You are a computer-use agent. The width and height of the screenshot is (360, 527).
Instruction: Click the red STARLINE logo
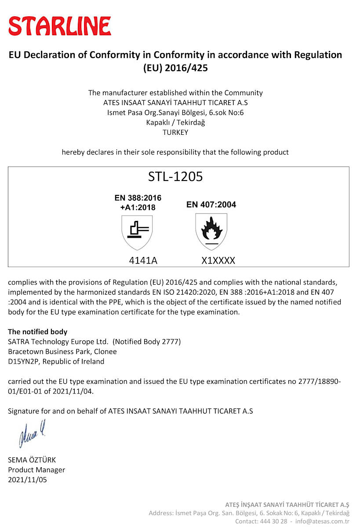pos(60,26)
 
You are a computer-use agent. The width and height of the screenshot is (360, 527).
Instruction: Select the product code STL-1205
pos(175,177)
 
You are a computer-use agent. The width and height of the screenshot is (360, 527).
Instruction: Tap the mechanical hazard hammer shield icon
pos(137,231)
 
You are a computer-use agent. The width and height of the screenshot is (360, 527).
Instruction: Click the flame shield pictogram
pos(211,231)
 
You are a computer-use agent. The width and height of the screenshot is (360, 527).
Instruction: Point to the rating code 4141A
pos(143,260)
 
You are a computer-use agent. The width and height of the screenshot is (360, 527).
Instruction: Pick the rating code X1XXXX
pos(218,260)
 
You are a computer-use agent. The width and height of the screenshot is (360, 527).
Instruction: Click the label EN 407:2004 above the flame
pos(211,205)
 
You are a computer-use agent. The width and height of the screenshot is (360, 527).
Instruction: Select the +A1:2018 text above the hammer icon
pos(138,207)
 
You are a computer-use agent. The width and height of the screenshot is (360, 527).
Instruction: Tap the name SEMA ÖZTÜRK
pos(32,460)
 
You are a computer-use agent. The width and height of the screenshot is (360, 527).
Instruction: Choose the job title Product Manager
pos(36,470)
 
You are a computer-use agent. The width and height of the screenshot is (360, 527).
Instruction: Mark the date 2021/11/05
pos(27,480)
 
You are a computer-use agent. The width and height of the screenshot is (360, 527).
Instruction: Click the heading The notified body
pos(37,332)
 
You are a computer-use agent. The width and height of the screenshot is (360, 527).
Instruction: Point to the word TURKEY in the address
pos(175,132)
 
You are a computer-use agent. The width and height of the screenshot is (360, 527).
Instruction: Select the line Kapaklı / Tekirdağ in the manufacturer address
pos(175,123)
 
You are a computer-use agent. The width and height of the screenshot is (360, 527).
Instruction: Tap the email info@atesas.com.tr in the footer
pos(322,521)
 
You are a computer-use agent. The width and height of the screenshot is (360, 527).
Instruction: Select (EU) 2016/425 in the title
pos(175,68)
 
